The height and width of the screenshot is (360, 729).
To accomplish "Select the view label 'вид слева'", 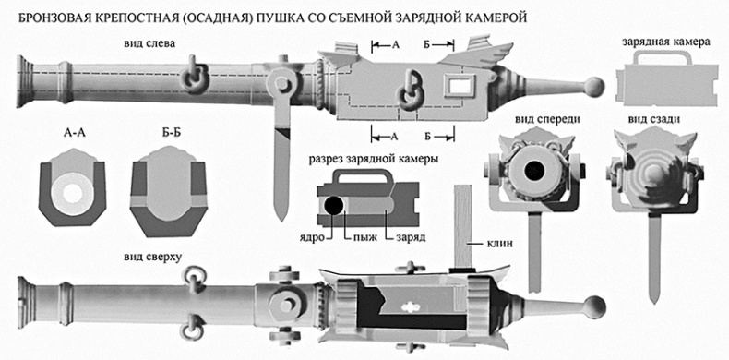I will pyautogui.click(x=149, y=43).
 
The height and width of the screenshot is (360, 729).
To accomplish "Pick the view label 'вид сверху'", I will pyautogui.click(x=149, y=253).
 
